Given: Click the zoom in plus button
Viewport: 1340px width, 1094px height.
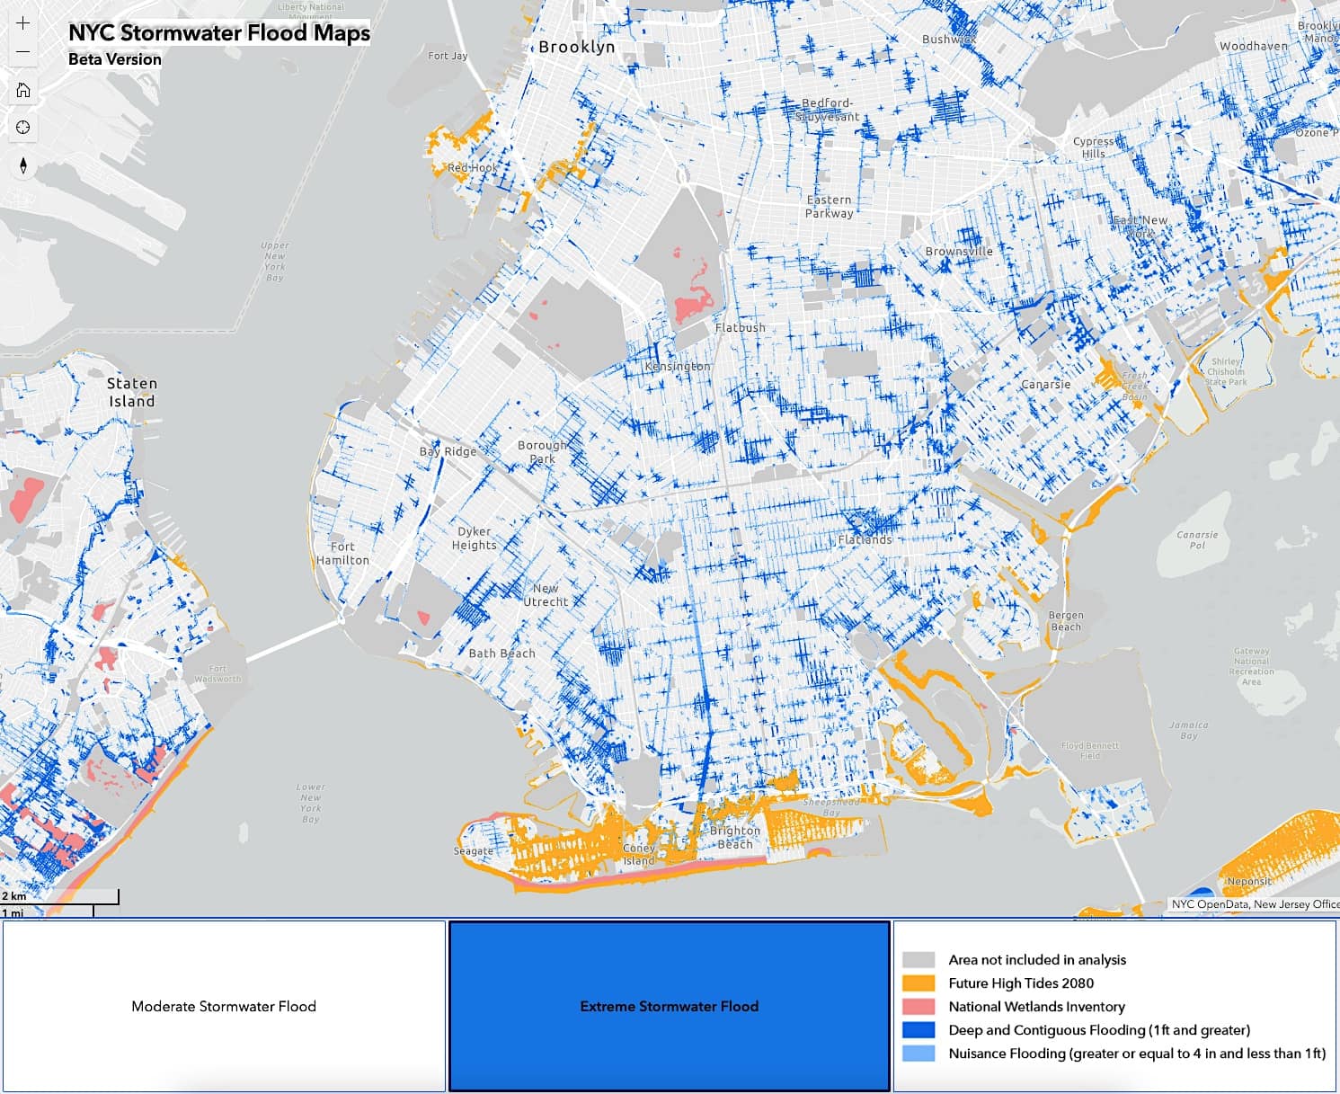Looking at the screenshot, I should point(23,23).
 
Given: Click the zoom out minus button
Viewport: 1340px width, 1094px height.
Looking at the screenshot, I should point(23,52).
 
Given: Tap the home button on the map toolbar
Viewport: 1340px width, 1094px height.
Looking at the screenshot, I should point(23,90).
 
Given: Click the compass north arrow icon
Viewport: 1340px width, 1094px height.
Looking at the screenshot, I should point(23,165).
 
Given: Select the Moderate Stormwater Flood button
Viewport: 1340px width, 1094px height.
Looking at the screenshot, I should point(224,1006).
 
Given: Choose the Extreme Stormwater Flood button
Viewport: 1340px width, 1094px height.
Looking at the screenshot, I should point(669,1006).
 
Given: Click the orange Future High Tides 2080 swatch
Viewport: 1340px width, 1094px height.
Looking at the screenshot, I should point(918,983).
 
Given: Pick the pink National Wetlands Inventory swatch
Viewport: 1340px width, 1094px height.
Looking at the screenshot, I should point(918,1007).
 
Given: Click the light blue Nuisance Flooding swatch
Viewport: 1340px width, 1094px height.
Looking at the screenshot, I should point(918,1054).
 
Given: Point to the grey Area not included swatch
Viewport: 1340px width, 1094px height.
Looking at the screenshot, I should point(918,960).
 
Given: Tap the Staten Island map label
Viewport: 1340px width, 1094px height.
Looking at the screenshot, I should point(132,393).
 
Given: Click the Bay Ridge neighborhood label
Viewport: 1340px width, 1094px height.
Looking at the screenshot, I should point(448,451).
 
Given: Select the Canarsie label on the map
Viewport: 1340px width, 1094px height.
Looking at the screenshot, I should point(1045,385).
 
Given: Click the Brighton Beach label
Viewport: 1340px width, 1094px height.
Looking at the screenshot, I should point(734,837).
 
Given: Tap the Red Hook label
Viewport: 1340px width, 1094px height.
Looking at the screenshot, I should point(472,168).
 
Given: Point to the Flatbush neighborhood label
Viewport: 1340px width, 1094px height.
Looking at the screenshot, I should point(741,328).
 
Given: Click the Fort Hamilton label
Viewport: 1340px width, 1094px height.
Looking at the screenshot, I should point(342,553).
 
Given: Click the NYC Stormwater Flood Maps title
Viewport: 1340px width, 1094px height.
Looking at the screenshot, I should point(219,33).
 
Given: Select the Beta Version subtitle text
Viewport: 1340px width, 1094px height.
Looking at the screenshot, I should point(115,59).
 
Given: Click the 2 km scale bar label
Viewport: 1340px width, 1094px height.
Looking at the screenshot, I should point(14,896).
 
